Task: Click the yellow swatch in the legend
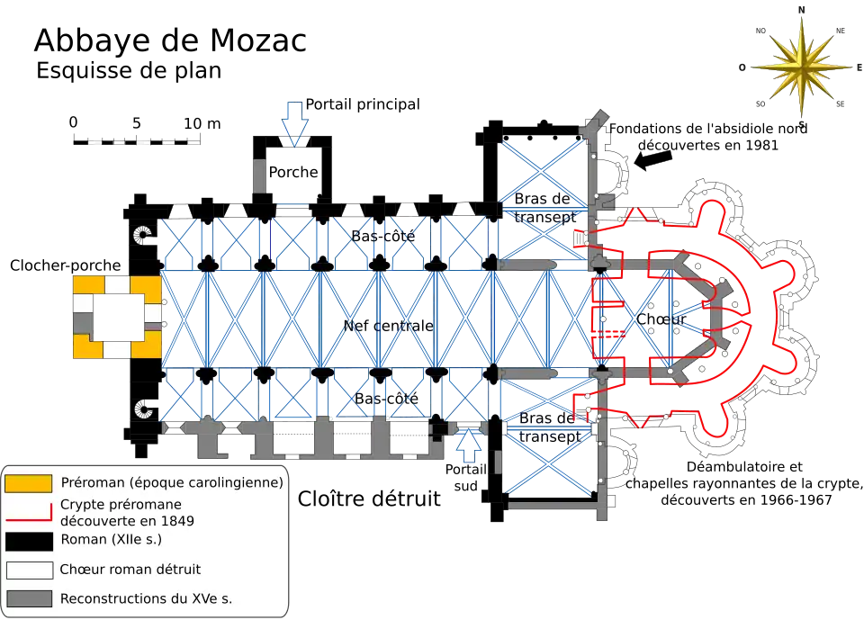[28, 483]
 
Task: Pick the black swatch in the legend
[28, 541]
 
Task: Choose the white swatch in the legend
[28, 570]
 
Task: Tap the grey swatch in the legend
[28, 598]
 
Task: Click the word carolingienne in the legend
[236, 483]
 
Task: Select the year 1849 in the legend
[175, 520]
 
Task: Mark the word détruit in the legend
[175, 570]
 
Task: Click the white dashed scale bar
[144, 144]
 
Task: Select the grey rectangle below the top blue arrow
[259, 175]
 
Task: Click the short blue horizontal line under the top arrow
[292, 205]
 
